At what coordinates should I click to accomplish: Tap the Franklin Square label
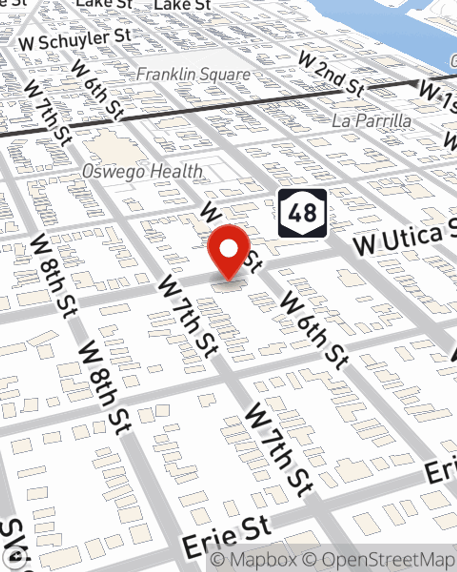[x=193, y=75]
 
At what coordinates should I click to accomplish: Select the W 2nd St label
[x=331, y=74]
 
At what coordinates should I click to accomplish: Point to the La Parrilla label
[x=372, y=121]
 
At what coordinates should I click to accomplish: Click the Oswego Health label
[x=142, y=172]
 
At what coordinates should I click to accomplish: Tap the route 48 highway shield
[x=303, y=213]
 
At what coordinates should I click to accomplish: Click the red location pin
[x=228, y=249]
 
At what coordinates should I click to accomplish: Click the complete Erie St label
[x=227, y=535]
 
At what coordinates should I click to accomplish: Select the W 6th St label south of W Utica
[x=314, y=330]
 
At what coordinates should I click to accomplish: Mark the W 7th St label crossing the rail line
[x=48, y=113]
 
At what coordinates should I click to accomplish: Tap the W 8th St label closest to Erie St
[x=105, y=387]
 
